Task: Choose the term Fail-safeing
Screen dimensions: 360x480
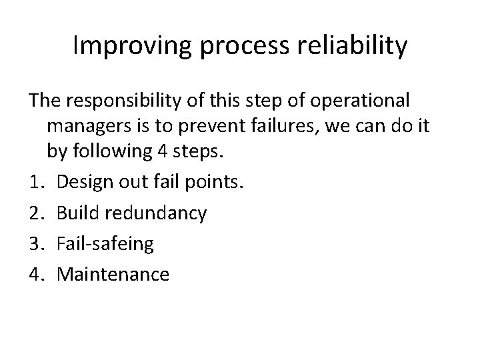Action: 105,244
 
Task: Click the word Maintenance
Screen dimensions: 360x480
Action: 113,273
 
